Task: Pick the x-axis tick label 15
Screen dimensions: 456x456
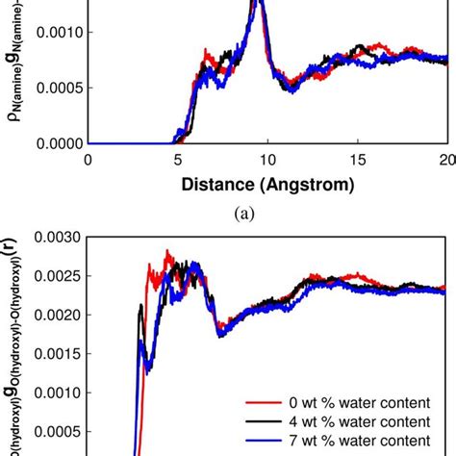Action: (x=357, y=160)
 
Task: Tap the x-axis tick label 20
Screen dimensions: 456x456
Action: (x=444, y=160)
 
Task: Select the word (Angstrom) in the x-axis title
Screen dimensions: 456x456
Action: (x=310, y=183)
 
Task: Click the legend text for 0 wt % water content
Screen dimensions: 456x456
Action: (x=360, y=401)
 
